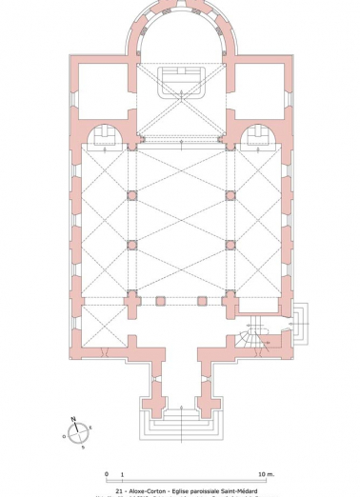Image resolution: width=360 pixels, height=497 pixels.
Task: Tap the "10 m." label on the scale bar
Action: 264,473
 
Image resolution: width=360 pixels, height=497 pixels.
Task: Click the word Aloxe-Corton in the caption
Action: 146,485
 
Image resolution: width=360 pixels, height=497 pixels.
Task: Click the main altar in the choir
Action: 179,77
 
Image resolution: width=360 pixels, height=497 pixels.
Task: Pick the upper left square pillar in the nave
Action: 131,194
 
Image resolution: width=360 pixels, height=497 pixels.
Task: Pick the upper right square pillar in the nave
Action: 229,194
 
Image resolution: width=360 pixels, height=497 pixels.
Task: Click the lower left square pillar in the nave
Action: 131,244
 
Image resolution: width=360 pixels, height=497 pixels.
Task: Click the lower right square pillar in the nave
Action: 229,244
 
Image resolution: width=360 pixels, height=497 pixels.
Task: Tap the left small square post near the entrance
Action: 161,301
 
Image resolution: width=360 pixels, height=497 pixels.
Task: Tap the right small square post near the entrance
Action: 201,301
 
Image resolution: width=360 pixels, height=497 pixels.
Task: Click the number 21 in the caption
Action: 119,485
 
